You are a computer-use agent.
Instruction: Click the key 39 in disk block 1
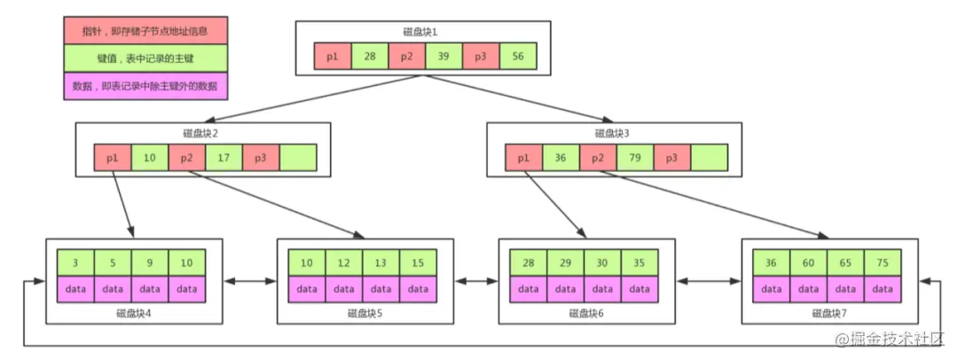click(444, 58)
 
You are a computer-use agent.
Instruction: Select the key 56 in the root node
click(518, 58)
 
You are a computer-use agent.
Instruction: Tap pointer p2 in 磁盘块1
click(406, 58)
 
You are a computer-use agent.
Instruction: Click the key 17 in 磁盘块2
click(224, 158)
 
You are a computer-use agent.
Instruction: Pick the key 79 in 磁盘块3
click(635, 158)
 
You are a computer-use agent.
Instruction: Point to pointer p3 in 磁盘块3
click(672, 158)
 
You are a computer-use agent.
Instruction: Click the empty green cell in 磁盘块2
click(298, 158)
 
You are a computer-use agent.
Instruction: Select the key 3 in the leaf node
click(75, 263)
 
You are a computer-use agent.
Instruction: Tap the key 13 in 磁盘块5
click(381, 263)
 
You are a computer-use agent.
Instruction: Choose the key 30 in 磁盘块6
click(602, 263)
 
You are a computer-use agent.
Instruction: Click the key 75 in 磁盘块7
click(883, 263)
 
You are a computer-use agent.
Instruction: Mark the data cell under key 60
click(809, 288)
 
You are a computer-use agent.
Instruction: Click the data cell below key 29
click(565, 288)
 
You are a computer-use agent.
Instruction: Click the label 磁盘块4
click(132, 313)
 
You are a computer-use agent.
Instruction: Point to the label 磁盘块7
click(828, 313)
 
